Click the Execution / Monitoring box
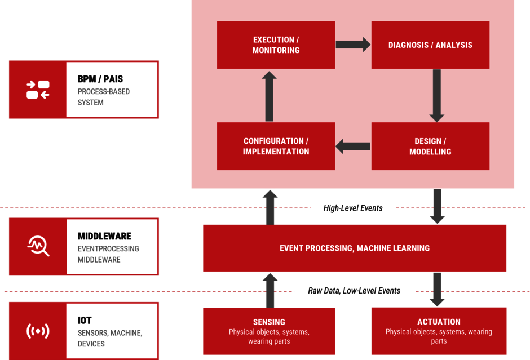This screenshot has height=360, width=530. [x=276, y=45]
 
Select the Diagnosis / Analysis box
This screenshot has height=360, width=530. [x=430, y=45]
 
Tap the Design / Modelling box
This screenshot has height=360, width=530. [x=430, y=146]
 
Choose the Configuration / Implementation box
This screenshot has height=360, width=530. [x=276, y=146]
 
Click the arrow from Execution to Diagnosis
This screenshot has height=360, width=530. [x=353, y=45]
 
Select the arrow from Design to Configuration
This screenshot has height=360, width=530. [x=353, y=146]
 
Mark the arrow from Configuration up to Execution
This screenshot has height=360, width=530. [x=270, y=96]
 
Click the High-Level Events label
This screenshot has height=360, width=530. [x=353, y=208]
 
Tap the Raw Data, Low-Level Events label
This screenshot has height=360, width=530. [x=354, y=291]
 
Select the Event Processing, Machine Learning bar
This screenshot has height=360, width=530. [x=355, y=248]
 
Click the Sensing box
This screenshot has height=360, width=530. [x=269, y=331]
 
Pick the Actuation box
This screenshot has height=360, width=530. [x=439, y=331]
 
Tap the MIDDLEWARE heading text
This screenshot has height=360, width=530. [x=104, y=236]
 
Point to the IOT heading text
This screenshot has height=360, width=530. [x=85, y=321]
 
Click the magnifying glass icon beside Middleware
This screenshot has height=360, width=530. [x=38, y=246]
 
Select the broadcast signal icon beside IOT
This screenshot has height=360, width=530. [x=38, y=331]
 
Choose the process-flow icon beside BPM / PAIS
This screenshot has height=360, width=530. [x=38, y=90]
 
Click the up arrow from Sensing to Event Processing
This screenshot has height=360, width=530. [x=270, y=290]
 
